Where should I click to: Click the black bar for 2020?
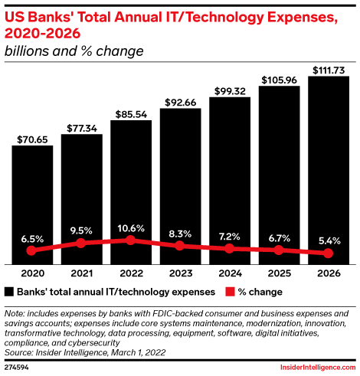pos(31,203)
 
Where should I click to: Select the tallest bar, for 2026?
pos(328,168)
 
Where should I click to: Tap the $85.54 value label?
pos(130,113)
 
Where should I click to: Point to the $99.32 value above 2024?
pos(229,91)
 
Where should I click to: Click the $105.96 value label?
pos(279,80)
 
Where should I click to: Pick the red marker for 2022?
pos(130,240)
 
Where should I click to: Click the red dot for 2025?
pos(279,250)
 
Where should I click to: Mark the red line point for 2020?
pos(31,250)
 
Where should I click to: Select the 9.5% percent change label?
pos(81,228)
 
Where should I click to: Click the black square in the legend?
pos(9,292)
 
